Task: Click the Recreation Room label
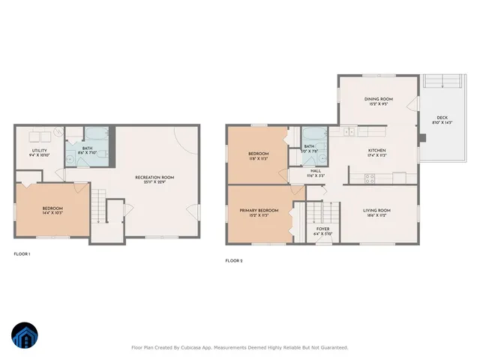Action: click(x=154, y=177)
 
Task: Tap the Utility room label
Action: click(x=40, y=151)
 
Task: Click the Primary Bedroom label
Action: click(x=259, y=211)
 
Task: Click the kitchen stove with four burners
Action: click(x=369, y=178)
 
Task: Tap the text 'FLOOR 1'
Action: click(x=22, y=254)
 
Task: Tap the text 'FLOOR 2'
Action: click(x=233, y=261)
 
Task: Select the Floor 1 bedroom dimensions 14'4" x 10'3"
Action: click(x=52, y=213)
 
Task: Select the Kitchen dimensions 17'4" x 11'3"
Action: click(x=376, y=156)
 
